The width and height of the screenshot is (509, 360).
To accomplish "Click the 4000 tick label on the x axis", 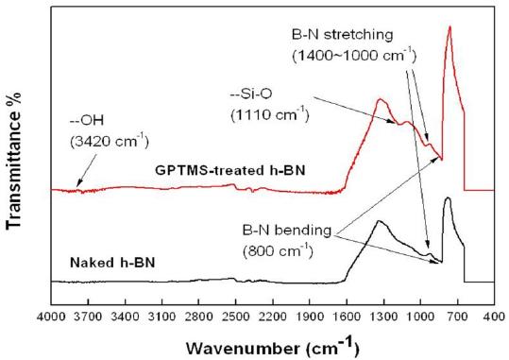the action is (x=51, y=316).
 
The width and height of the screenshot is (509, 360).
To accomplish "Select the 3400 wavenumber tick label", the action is (x=125, y=316).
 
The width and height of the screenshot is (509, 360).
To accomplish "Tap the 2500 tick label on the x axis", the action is (x=236, y=316).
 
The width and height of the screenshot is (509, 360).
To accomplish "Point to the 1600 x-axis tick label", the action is (x=347, y=316).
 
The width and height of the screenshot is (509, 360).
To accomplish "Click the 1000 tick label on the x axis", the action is (x=421, y=316).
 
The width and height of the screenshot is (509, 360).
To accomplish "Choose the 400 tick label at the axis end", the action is (x=495, y=316).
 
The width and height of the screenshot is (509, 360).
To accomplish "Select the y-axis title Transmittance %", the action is (x=13, y=161).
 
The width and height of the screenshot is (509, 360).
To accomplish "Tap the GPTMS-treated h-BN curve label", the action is (x=230, y=170).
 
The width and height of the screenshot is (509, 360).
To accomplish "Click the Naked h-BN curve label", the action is (x=112, y=263).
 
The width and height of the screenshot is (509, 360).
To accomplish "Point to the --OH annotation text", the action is (x=87, y=121).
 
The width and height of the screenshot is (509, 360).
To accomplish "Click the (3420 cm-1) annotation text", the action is (x=110, y=141).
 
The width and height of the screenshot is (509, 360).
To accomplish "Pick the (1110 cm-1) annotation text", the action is (x=270, y=114).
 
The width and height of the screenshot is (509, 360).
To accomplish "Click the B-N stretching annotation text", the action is (x=343, y=35).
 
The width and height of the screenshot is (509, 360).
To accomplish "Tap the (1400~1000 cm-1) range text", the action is (x=354, y=55).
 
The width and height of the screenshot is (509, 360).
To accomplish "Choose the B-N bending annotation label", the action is (x=287, y=230).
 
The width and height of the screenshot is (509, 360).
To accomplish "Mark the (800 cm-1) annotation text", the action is (x=278, y=250).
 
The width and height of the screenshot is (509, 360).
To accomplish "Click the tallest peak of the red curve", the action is (x=450, y=26).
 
